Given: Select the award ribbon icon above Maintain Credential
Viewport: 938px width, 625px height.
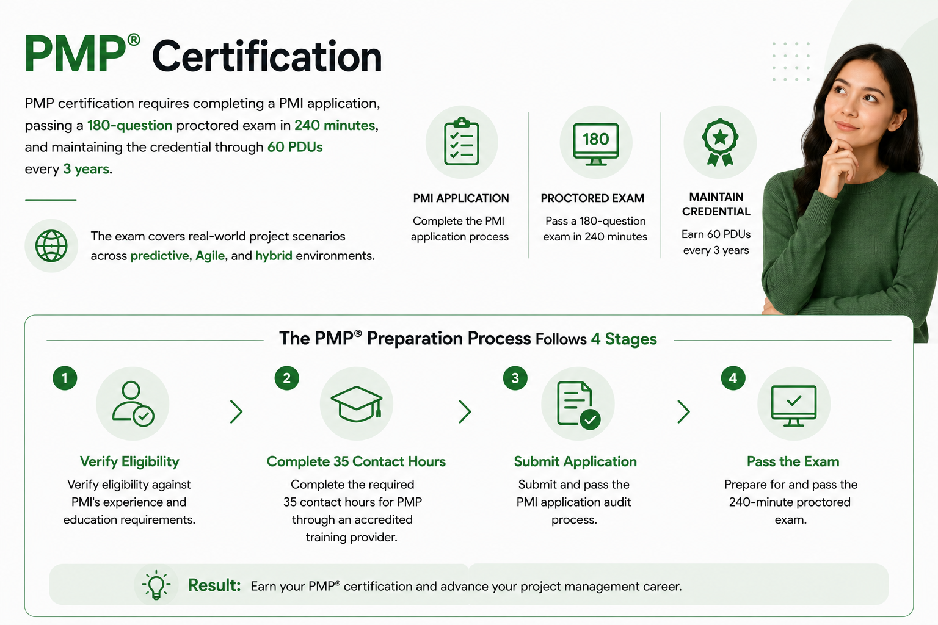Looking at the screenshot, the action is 720,142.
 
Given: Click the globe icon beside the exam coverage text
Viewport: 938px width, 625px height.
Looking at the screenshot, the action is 51,246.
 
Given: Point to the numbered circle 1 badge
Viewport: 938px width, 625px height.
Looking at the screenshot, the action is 65,378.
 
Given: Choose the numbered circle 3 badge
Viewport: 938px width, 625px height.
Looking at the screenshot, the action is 515,378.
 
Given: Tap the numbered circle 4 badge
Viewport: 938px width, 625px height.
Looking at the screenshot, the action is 733,378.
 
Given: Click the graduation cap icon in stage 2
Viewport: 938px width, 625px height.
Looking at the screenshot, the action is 357,403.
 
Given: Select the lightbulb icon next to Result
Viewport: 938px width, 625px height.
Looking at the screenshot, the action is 156,585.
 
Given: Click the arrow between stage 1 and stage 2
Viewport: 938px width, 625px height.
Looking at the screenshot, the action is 236,411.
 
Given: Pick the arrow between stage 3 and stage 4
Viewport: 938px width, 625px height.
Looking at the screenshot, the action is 684,411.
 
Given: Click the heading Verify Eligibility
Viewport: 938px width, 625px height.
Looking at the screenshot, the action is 129,462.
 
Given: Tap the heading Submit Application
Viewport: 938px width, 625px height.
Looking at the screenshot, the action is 575,462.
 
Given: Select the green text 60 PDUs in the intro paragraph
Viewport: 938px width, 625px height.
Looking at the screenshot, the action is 295,147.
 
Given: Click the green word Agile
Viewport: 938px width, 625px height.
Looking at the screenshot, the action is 210,256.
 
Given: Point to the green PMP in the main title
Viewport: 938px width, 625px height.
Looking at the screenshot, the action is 76,55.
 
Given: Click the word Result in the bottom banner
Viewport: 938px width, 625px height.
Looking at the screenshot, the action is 214,585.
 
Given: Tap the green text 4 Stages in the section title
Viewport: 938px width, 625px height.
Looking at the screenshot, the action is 624,339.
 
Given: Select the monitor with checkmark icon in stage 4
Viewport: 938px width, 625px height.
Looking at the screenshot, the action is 793,405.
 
